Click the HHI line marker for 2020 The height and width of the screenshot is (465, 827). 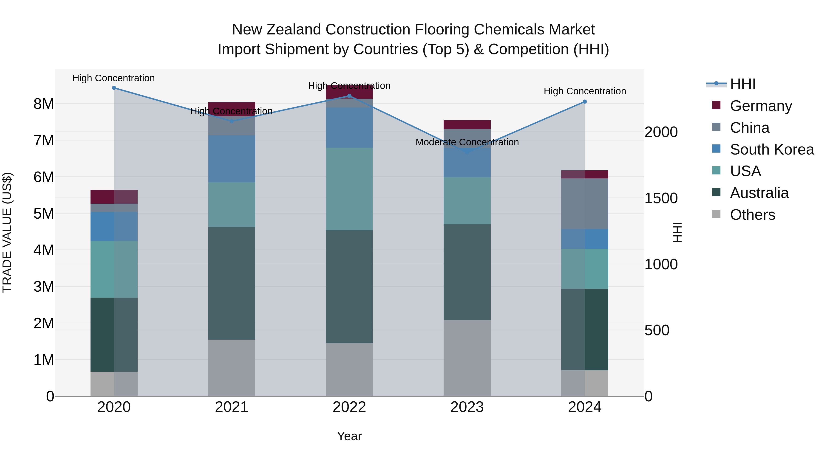[114, 88]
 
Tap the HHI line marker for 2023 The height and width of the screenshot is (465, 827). [467, 152]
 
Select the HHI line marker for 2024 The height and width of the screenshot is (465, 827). [585, 102]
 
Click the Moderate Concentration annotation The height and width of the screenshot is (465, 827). [467, 142]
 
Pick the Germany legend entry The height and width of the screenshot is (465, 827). [761, 106]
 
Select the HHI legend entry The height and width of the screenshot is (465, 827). [742, 84]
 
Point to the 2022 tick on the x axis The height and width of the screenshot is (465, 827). [349, 407]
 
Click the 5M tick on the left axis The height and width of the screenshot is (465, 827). [44, 213]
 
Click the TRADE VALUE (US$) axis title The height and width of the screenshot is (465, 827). [7, 232]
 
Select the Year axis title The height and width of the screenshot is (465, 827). [349, 436]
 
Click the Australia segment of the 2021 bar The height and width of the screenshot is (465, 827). [232, 283]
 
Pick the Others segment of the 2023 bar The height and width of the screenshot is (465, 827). [467, 358]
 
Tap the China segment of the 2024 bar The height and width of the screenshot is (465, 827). [585, 204]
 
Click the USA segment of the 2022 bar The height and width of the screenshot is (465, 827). [349, 189]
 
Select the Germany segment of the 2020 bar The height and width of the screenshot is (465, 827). [114, 197]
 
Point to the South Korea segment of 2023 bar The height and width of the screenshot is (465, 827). [467, 164]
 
